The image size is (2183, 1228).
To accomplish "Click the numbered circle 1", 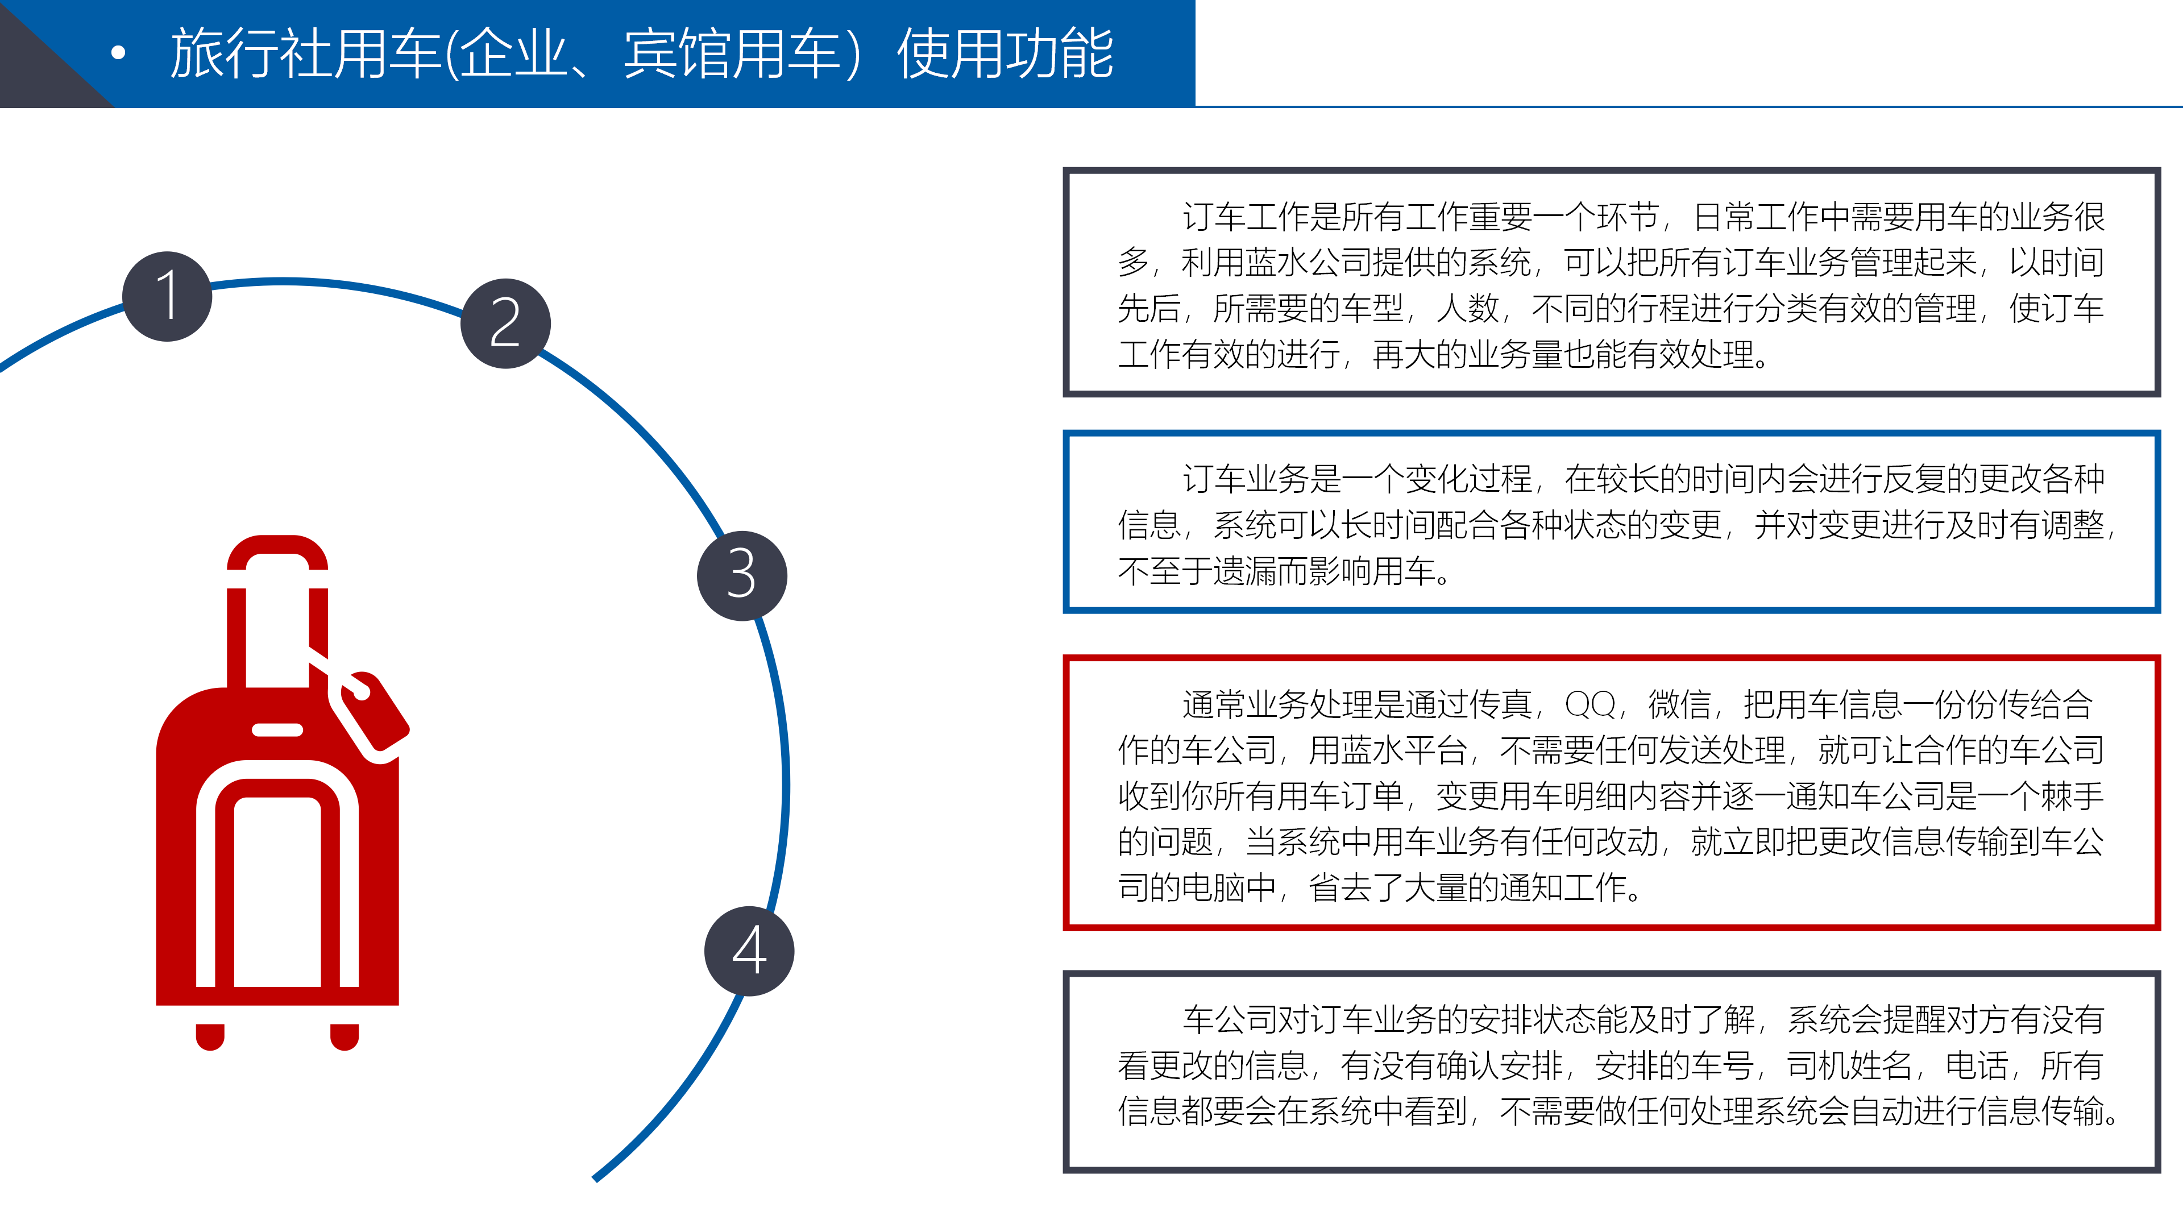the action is pyautogui.click(x=167, y=297).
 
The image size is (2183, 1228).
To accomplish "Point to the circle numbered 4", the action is pyautogui.click(x=749, y=951).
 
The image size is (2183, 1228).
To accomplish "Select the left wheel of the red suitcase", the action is pyautogui.click(x=210, y=1036).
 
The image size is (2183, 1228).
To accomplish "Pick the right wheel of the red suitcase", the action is pyautogui.click(x=344, y=1036).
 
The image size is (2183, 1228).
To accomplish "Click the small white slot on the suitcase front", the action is pyautogui.click(x=277, y=729).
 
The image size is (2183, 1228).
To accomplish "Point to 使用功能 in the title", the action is pyautogui.click(x=1005, y=53).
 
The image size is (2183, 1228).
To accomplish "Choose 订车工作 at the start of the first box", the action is pyautogui.click(x=1246, y=217).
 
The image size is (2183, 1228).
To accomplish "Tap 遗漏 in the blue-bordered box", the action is pyautogui.click(x=1245, y=571).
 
